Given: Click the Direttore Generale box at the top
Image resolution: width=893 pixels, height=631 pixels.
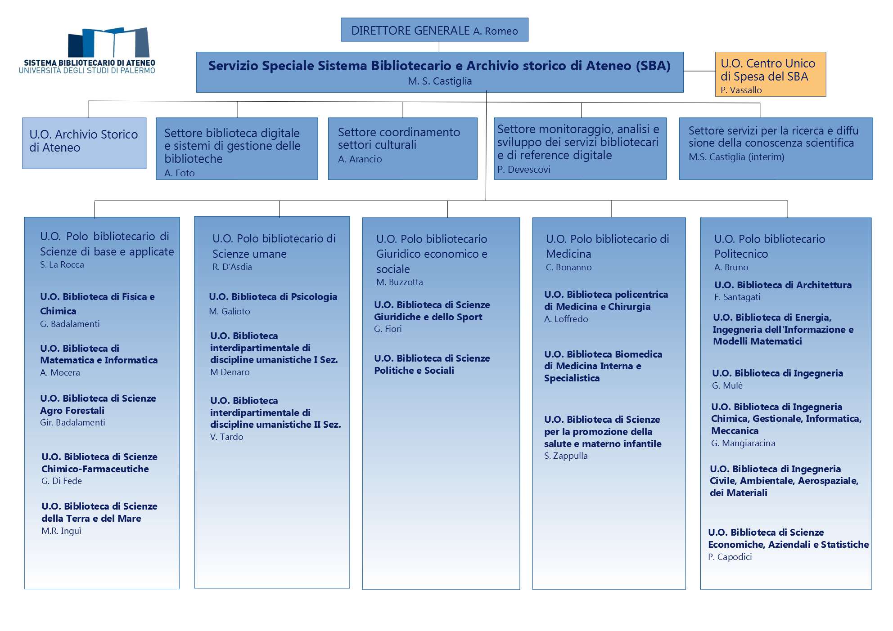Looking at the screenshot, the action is [434, 30].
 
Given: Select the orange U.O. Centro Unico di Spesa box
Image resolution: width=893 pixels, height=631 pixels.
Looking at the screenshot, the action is [771, 74].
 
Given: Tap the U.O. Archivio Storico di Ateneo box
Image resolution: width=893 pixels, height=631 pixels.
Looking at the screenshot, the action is [84, 143].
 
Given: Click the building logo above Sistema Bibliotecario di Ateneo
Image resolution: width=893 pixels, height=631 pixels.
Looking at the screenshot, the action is [108, 42].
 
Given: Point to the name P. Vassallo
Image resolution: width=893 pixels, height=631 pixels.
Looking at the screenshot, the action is [741, 90].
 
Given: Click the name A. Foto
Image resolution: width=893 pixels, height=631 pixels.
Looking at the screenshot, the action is [179, 173].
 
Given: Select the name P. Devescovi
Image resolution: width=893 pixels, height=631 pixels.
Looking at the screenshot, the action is [523, 169].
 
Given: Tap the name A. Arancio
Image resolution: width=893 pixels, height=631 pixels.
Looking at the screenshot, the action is [360, 159].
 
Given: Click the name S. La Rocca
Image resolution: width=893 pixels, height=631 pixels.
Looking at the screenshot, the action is [62, 264].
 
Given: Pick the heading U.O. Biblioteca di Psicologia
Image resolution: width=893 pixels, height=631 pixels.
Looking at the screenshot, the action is [273, 296].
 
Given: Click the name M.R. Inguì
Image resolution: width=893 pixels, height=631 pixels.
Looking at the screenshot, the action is [61, 531].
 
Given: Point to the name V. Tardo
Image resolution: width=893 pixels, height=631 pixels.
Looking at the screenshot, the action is [226, 437].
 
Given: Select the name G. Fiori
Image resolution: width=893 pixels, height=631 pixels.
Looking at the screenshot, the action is [388, 329].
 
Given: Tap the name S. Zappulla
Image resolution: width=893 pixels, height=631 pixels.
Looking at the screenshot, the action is [566, 456].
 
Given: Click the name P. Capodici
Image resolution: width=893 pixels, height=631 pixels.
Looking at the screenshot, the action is [730, 557].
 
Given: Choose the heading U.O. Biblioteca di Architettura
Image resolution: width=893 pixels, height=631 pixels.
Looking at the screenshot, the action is [783, 285].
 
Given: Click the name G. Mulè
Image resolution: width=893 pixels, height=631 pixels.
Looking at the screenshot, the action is [727, 385].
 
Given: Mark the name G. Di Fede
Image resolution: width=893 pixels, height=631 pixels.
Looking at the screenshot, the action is [61, 481].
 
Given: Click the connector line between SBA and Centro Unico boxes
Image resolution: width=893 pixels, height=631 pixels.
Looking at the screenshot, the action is [699, 71].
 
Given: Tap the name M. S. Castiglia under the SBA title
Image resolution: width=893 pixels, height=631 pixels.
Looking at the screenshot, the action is [440, 81].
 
